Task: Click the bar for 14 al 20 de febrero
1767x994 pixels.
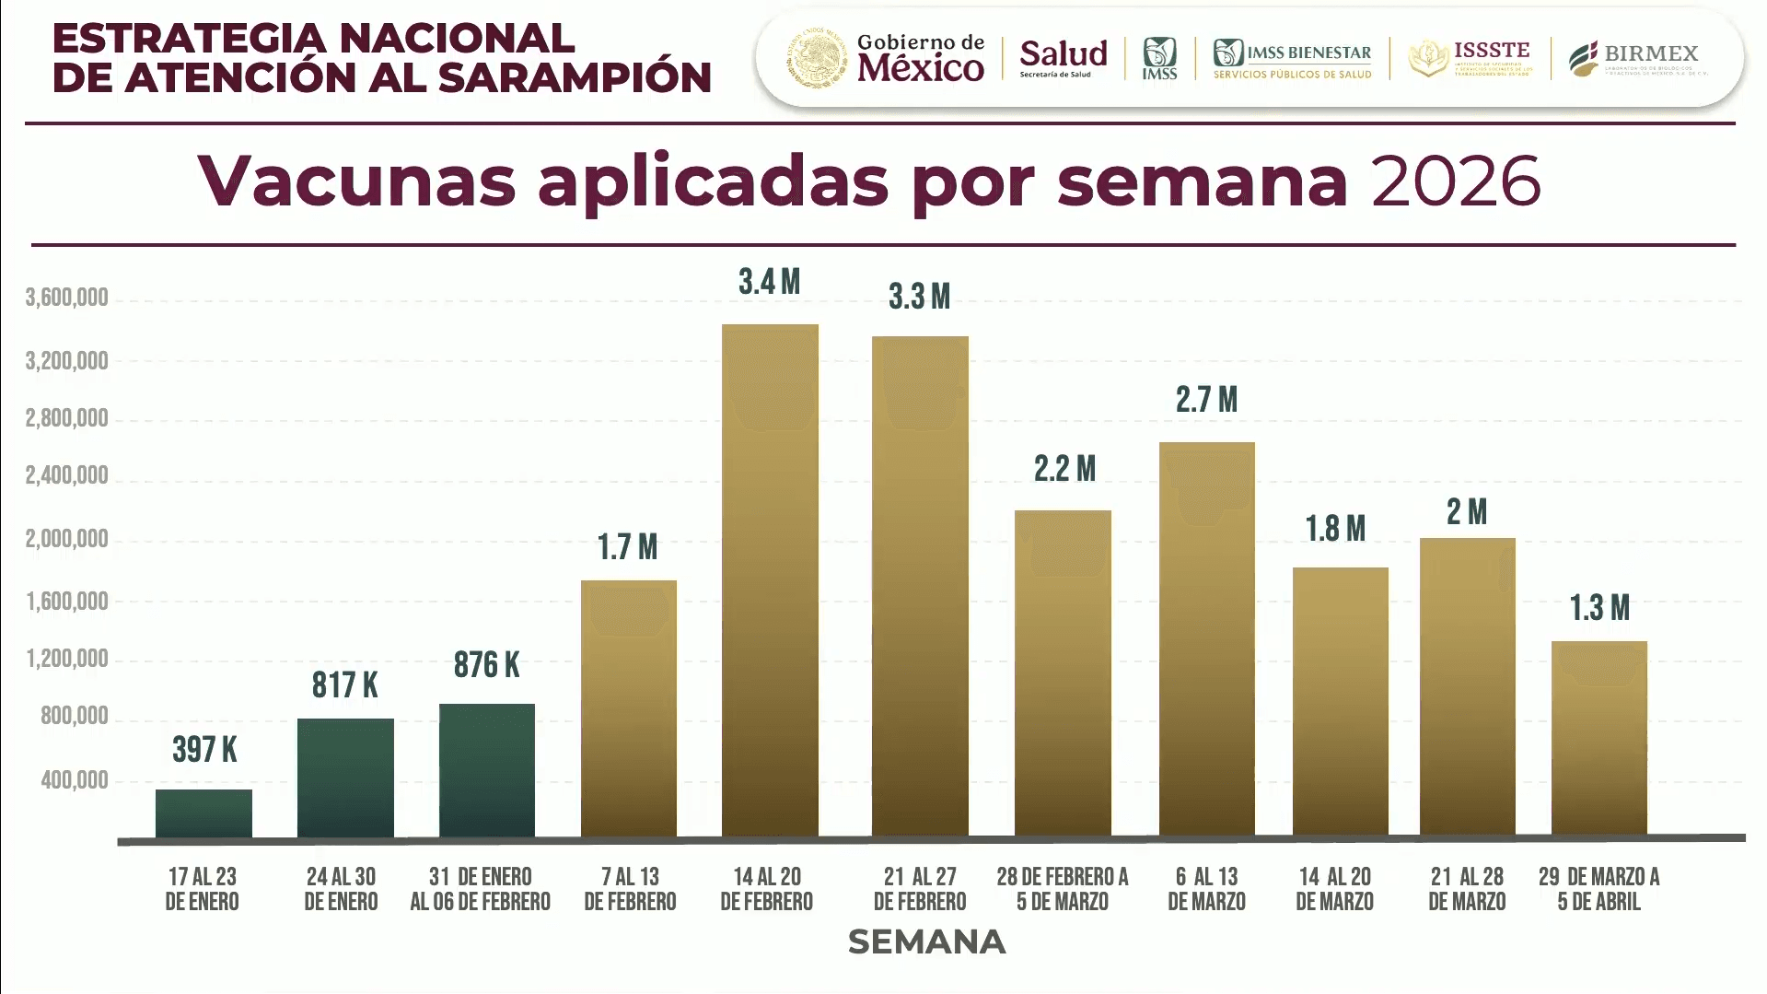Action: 770,580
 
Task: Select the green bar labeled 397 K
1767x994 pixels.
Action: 203,813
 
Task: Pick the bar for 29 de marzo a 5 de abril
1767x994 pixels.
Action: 1598,738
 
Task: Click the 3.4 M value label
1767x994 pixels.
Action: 769,282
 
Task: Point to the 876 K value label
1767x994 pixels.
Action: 486,665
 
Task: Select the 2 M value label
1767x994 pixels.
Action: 1467,512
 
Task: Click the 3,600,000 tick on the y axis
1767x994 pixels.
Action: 67,298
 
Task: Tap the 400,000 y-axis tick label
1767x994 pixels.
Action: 75,780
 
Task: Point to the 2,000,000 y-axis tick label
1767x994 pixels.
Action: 67,539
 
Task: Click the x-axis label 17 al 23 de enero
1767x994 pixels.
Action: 202,889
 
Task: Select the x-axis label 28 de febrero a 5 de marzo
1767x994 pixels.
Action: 1063,889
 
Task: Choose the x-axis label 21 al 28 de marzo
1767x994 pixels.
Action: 1467,889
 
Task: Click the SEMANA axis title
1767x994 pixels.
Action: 926,941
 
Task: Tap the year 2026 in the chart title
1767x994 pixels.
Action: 1455,181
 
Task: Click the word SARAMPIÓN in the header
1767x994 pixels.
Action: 575,78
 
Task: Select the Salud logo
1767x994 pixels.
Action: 1063,58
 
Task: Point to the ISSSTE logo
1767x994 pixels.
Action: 1470,59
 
